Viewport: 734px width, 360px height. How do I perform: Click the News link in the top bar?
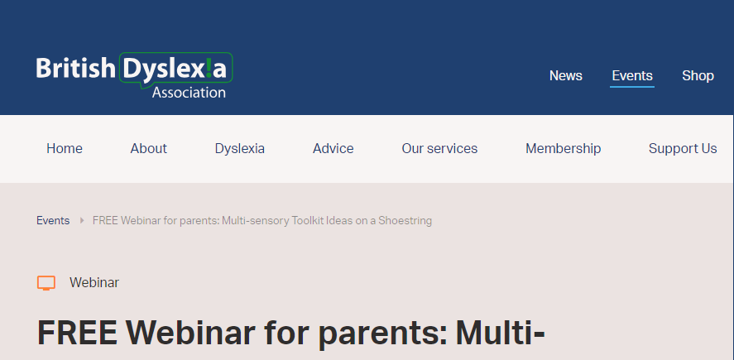point(565,76)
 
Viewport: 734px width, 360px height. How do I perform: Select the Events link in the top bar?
point(632,76)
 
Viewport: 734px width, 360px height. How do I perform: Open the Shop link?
point(698,76)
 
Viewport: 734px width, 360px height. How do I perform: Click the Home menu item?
point(65,148)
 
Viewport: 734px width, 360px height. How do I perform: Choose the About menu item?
point(148,148)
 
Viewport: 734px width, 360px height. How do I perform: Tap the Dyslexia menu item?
point(240,148)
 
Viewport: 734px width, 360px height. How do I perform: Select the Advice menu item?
point(333,148)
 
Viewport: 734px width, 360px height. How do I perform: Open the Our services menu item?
point(439,148)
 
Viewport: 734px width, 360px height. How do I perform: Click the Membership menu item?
point(564,148)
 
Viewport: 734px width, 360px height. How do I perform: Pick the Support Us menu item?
point(683,148)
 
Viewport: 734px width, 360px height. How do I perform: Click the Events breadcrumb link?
point(53,220)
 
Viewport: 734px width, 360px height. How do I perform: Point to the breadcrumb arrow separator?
point(82,220)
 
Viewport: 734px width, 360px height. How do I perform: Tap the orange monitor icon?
point(46,283)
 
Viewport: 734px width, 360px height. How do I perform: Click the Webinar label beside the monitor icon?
point(94,283)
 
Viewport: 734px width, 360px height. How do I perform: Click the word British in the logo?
point(75,68)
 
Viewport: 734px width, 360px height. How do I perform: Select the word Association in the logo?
point(189,92)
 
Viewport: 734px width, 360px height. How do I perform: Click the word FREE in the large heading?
point(77,333)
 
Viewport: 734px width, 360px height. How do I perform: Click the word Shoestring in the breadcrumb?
point(405,220)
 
